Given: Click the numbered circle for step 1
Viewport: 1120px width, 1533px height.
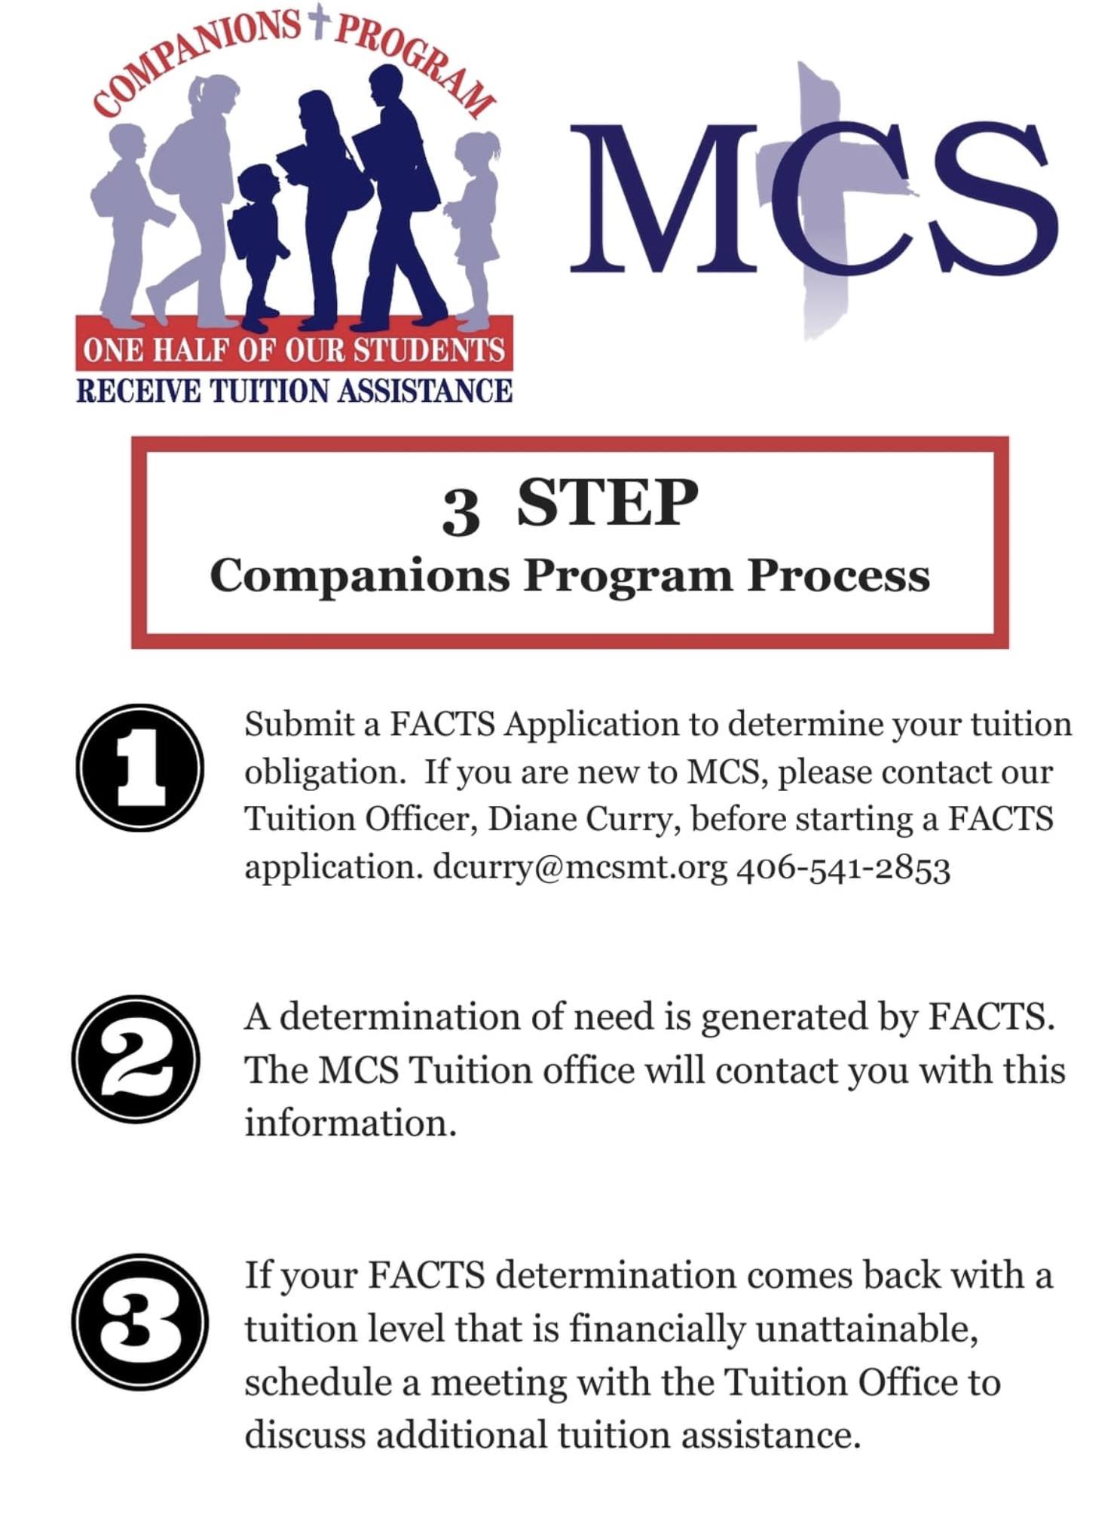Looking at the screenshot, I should coord(139,768).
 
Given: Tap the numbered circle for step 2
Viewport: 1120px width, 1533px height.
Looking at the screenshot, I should coord(136,1059).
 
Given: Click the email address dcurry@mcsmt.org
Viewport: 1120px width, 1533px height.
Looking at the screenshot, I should coord(580,867).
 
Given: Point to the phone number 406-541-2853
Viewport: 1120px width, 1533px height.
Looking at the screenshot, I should coord(843,869).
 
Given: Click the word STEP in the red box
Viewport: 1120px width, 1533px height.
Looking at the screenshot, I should coord(607,504).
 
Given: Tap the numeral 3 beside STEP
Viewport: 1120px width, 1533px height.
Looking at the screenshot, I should coord(461,511).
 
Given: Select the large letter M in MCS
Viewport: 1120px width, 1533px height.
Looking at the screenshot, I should coord(663,198).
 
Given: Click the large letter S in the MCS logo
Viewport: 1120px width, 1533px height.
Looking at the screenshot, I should coord(990,198).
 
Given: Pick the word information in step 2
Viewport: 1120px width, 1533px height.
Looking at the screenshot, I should coord(350,1124).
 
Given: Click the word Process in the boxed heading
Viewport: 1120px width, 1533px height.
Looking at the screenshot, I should coord(838,577).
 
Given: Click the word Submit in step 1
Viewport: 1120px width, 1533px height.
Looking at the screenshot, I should coord(299,725).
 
